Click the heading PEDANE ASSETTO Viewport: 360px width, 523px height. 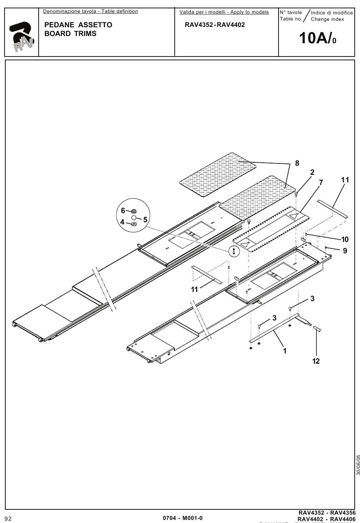(78, 25)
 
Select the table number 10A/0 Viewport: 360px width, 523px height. (317, 38)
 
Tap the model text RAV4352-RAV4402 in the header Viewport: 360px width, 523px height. (214, 25)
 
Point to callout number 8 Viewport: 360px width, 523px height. (297, 163)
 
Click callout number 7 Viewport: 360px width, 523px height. (321, 182)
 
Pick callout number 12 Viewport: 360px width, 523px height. (316, 361)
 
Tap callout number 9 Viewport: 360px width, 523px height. (345, 251)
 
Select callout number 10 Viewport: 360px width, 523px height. (345, 239)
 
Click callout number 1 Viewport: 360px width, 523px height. (285, 351)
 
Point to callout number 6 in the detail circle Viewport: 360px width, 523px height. (123, 210)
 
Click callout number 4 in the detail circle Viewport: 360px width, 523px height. (122, 222)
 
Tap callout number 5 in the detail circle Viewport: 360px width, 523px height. (145, 220)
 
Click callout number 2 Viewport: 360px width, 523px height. (312, 172)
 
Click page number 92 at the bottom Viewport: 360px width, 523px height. (8, 518)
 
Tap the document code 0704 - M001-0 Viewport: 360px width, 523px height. (183, 518)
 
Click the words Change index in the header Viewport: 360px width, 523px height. (327, 19)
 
